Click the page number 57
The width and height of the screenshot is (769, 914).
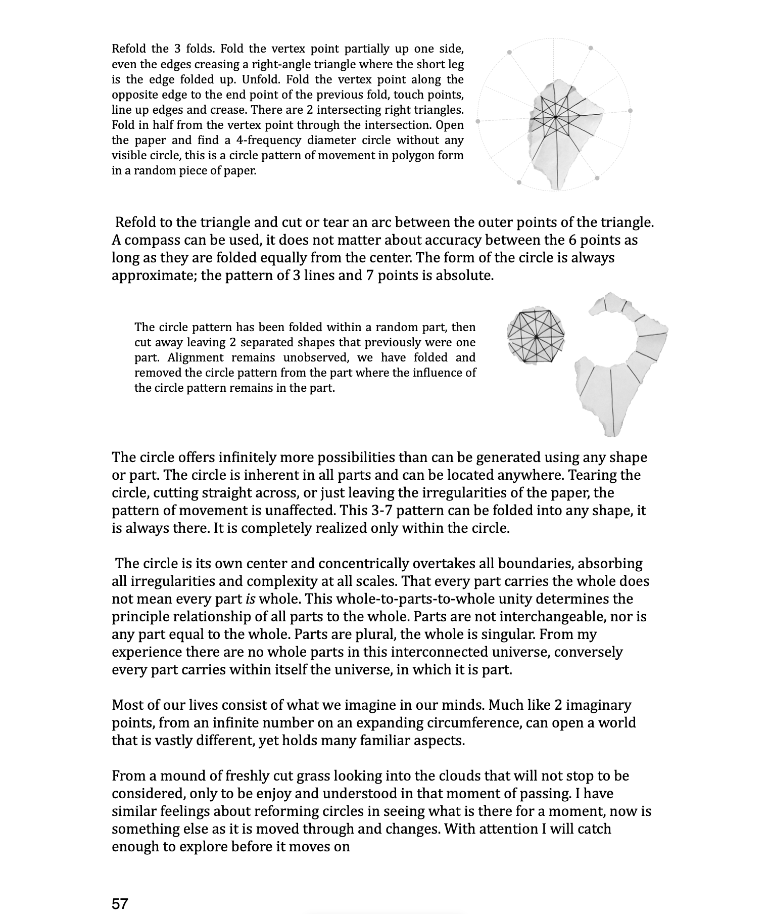coord(120,903)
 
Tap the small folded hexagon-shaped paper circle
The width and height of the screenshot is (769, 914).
coord(536,335)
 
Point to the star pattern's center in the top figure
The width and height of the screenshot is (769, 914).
coord(555,117)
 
